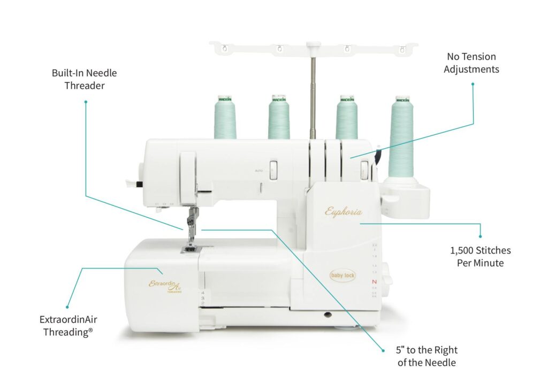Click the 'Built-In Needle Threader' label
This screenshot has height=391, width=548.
pyautogui.click(x=84, y=79)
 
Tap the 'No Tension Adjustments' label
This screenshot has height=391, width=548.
pyautogui.click(x=471, y=63)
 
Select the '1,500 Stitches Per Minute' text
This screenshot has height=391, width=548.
pyautogui.click(x=480, y=256)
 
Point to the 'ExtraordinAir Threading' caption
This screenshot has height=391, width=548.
pyautogui.click(x=68, y=325)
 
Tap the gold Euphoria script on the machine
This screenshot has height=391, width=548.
pyautogui.click(x=344, y=212)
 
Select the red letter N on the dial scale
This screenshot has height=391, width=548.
pyautogui.click(x=375, y=282)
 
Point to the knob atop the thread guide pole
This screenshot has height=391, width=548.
pyautogui.click(x=313, y=45)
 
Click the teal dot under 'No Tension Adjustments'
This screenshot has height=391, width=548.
pyautogui.click(x=473, y=83)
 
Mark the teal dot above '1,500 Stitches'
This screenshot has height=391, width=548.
pyautogui.click(x=480, y=236)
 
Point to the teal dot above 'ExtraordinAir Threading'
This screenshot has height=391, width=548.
pyautogui.click(x=67, y=306)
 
